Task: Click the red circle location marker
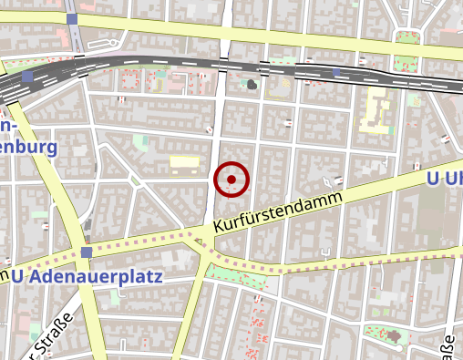231,180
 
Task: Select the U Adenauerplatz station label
88,274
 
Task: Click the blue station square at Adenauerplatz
86,252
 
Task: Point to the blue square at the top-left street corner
72,18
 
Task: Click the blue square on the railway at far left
29,77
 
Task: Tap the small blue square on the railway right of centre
337,72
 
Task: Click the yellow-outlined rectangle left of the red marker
184,162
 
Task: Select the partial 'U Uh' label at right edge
444,180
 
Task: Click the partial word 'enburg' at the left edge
27,147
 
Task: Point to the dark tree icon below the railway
252,85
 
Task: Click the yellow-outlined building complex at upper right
375,109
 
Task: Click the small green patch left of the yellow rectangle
139,142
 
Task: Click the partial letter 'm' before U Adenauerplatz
5,274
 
